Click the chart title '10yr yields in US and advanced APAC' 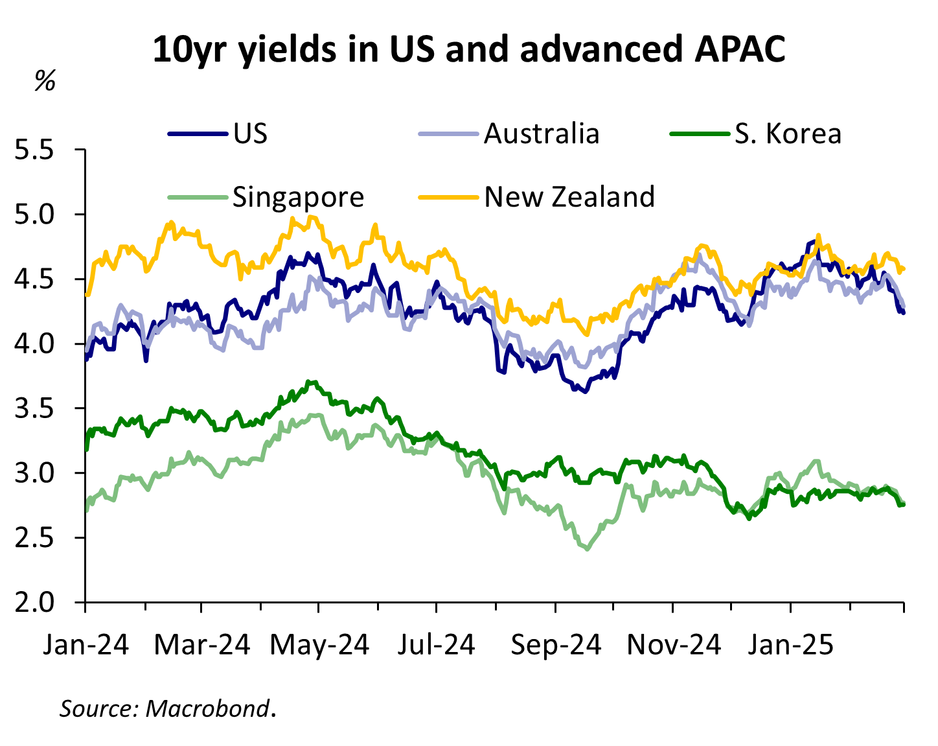(468, 50)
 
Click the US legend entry (250, 134)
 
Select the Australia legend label (541, 134)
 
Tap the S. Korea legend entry (788, 134)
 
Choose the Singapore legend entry (298, 196)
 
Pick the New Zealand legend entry (569, 196)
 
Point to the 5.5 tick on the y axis (43, 150)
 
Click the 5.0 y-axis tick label (43, 215)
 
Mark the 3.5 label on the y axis (43, 408)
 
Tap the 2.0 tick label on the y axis (43, 602)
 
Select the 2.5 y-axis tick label (43, 538)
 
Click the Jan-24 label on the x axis (86, 645)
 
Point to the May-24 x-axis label (319, 645)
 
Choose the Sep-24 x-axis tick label (555, 645)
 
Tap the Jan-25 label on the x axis (790, 645)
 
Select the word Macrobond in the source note (207, 708)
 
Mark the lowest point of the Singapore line (587, 549)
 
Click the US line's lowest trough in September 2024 (584, 391)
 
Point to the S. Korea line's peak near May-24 (313, 382)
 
